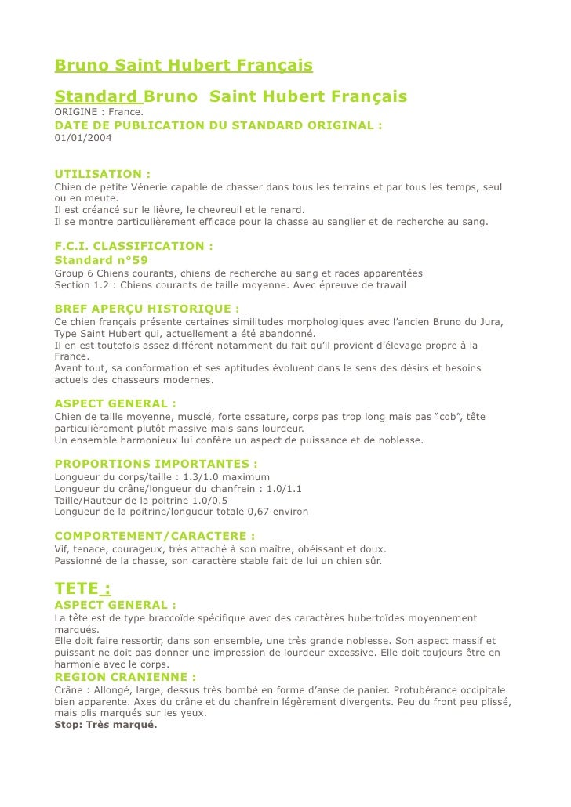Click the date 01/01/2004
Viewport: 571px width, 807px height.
pos(82,139)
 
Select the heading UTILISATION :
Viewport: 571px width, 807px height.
pos(103,174)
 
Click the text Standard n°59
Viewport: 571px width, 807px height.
pos(101,259)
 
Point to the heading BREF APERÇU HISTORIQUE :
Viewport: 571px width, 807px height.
pos(147,309)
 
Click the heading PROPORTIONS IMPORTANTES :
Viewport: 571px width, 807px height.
pos(156,463)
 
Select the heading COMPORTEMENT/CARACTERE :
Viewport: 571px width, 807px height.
pos(155,536)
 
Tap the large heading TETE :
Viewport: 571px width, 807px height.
pos(82,588)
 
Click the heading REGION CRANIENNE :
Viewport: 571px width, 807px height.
pos(125,677)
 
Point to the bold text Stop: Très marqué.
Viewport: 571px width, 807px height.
pos(106,725)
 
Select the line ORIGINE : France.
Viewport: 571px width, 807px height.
pos(93,113)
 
